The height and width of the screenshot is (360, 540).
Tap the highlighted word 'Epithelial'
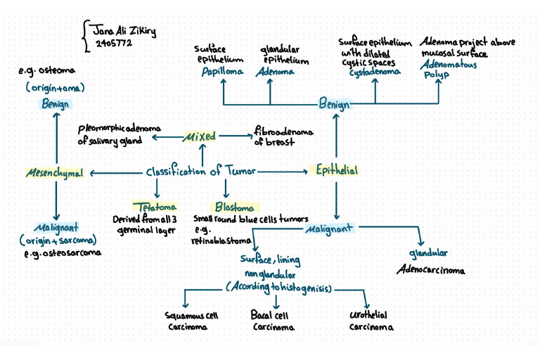(x=336, y=171)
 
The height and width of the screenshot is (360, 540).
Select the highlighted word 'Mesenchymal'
(x=55, y=173)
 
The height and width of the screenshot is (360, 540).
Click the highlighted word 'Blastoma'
(x=235, y=207)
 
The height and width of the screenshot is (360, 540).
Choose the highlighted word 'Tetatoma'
(x=156, y=207)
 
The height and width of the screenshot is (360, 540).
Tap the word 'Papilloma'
(x=222, y=72)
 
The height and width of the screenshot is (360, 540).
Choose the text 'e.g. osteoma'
(x=46, y=72)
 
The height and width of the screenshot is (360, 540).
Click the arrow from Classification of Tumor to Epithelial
(x=281, y=172)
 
